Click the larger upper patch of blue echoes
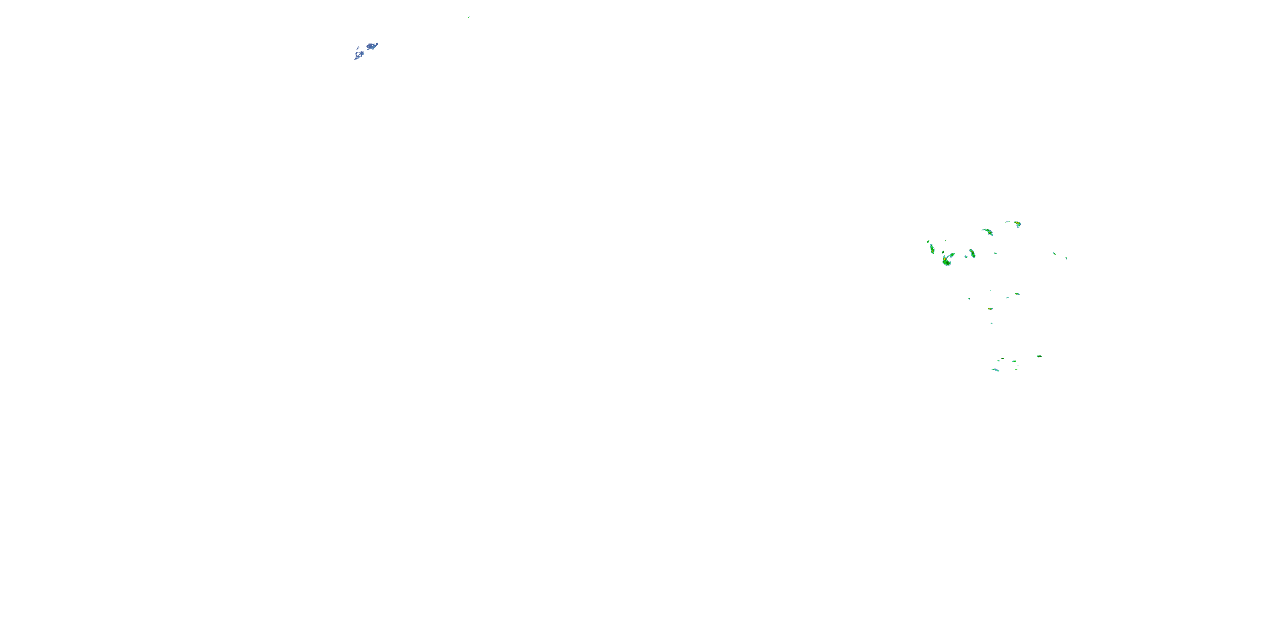pos(372,46)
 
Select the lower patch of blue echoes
pos(359,54)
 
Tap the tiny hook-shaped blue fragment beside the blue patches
pos(357,48)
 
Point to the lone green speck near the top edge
pos(469,17)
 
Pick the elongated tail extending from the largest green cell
pos(952,254)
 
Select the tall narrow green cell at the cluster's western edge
pos(932,249)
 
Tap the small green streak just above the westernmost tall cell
pos(928,241)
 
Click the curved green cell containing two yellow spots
pos(972,254)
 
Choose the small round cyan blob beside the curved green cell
pos(966,257)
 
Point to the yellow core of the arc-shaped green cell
pos(987,231)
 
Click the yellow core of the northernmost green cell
pos(1017,224)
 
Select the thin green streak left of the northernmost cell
pos(1008,222)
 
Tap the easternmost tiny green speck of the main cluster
pos(1066,258)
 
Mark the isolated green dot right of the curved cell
pos(995,253)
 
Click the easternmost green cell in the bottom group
pos(1038,356)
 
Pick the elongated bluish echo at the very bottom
pos(995,370)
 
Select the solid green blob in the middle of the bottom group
pos(1014,361)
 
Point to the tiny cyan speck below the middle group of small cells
pos(991,323)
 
